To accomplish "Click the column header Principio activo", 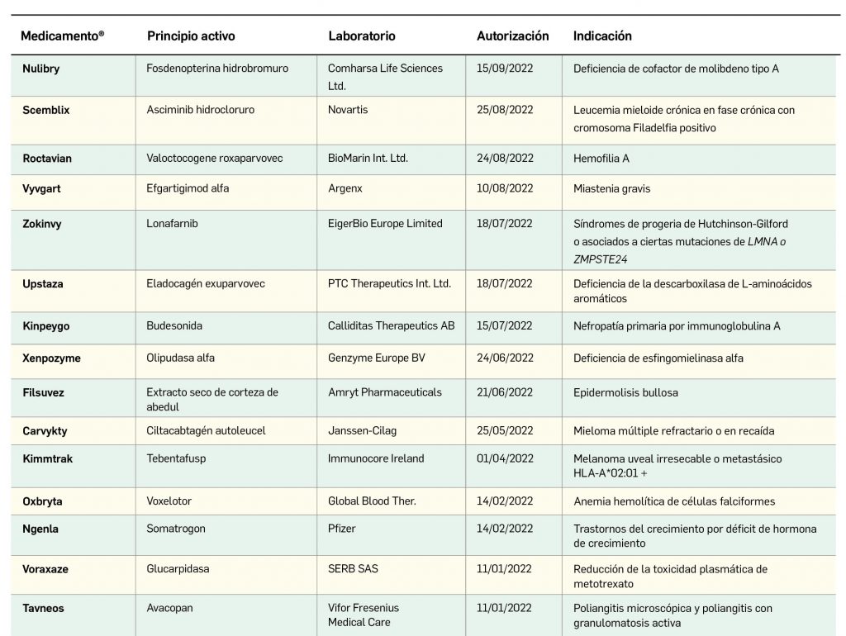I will point(191,36).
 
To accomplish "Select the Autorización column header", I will point(512,36).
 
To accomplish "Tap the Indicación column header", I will point(602,36).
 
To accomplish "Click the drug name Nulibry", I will point(41,69).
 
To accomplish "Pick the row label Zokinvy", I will point(42,224).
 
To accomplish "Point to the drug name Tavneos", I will point(43,609).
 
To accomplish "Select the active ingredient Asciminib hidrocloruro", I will point(201,110).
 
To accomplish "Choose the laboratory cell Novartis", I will point(348,110).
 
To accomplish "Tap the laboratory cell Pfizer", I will point(342,529).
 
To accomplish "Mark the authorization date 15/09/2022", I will point(505,69).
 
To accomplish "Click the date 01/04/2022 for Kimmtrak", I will point(505,458).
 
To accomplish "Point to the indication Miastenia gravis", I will point(612,189).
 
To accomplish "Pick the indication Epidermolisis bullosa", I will point(625,393).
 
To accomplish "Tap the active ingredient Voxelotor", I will point(169,501).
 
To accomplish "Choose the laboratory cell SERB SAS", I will point(353,569).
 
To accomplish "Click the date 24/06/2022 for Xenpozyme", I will point(505,358).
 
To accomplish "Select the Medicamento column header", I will point(63,36).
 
